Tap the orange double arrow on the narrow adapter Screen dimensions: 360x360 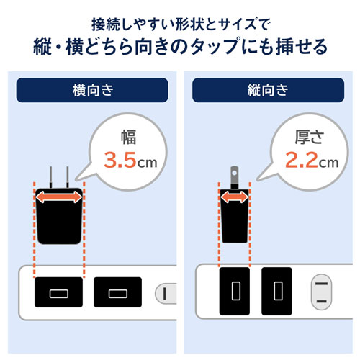pyautogui.click(x=234, y=197)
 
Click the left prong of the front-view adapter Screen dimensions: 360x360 pyautogui.click(x=50, y=177)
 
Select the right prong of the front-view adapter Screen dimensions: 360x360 pyautogui.click(x=68, y=177)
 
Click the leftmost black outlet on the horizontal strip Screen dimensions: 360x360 pyautogui.click(x=58, y=292)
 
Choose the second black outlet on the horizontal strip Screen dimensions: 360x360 pyautogui.click(x=117, y=292)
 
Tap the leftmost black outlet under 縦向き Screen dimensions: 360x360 pyautogui.click(x=233, y=292)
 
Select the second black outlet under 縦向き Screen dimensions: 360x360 pyautogui.click(x=276, y=292)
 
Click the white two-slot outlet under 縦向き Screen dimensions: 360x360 pyautogui.click(x=323, y=292)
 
